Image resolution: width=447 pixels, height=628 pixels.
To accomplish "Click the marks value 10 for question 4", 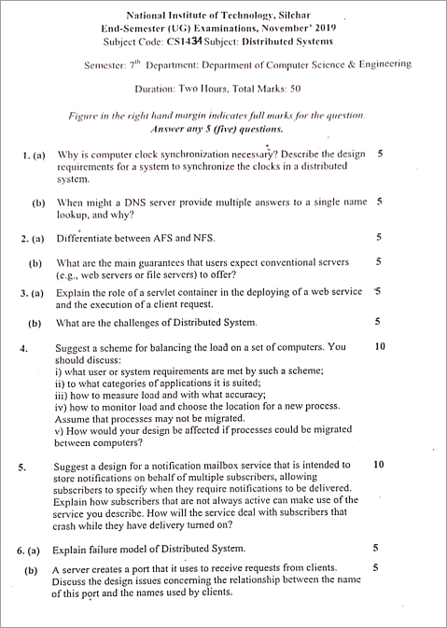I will coord(379,346).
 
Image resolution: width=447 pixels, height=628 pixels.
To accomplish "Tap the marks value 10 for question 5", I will coord(379,464).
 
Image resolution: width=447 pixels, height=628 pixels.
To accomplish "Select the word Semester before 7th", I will coord(108,65).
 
